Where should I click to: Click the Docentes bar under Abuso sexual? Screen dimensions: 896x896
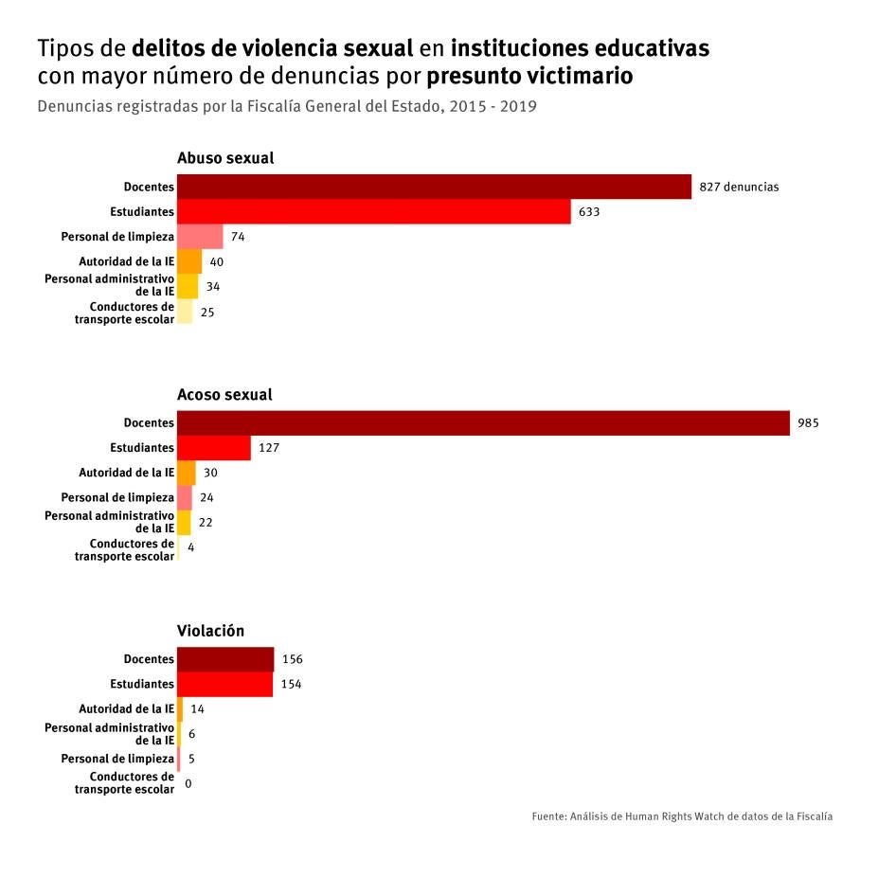[x=434, y=187]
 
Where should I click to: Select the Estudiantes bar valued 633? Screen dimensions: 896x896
[x=373, y=211]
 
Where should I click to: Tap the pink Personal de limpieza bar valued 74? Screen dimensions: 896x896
[x=200, y=236]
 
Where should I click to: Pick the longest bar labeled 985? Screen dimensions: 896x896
[x=483, y=422]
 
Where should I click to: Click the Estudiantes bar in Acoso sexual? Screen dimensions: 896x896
[x=214, y=447]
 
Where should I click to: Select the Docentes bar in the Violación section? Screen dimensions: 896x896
[x=225, y=659]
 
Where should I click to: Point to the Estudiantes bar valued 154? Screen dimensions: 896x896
[x=224, y=684]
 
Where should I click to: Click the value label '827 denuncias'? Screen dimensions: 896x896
[x=739, y=188]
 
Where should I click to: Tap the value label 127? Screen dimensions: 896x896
[x=270, y=448]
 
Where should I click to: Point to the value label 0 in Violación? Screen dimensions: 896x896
[x=188, y=783]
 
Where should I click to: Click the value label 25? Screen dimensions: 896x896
[x=207, y=312]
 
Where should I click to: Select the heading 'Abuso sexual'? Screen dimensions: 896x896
[x=225, y=158]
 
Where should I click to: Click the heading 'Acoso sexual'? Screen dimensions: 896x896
[x=224, y=394]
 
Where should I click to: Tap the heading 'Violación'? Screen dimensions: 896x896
[x=210, y=631]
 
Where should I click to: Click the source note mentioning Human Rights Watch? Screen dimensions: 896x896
[x=682, y=815]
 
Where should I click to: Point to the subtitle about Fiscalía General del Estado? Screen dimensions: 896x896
[x=287, y=106]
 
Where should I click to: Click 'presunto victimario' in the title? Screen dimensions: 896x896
[x=529, y=76]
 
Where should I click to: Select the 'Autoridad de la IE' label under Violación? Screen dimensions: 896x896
[x=126, y=708]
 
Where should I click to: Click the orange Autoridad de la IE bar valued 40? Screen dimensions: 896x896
[x=189, y=261]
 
